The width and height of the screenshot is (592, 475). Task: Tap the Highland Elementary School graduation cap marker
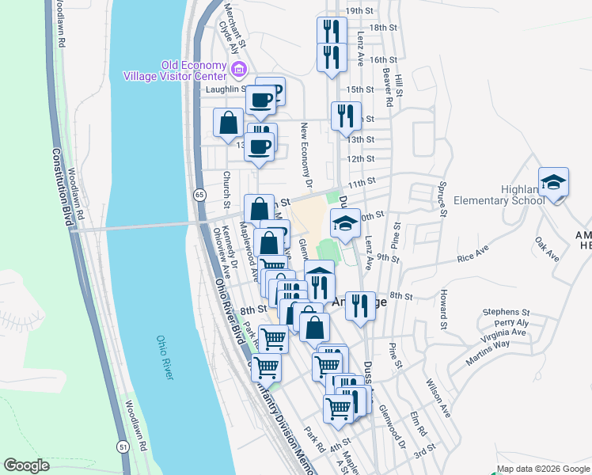coord(553,182)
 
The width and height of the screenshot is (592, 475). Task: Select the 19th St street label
coord(359,11)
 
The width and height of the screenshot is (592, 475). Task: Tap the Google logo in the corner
coord(26,465)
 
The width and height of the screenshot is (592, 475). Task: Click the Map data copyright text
coord(543,469)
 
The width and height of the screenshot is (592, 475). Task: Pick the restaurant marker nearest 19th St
coord(330,32)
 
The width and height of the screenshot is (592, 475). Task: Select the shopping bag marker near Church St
coord(228,123)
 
